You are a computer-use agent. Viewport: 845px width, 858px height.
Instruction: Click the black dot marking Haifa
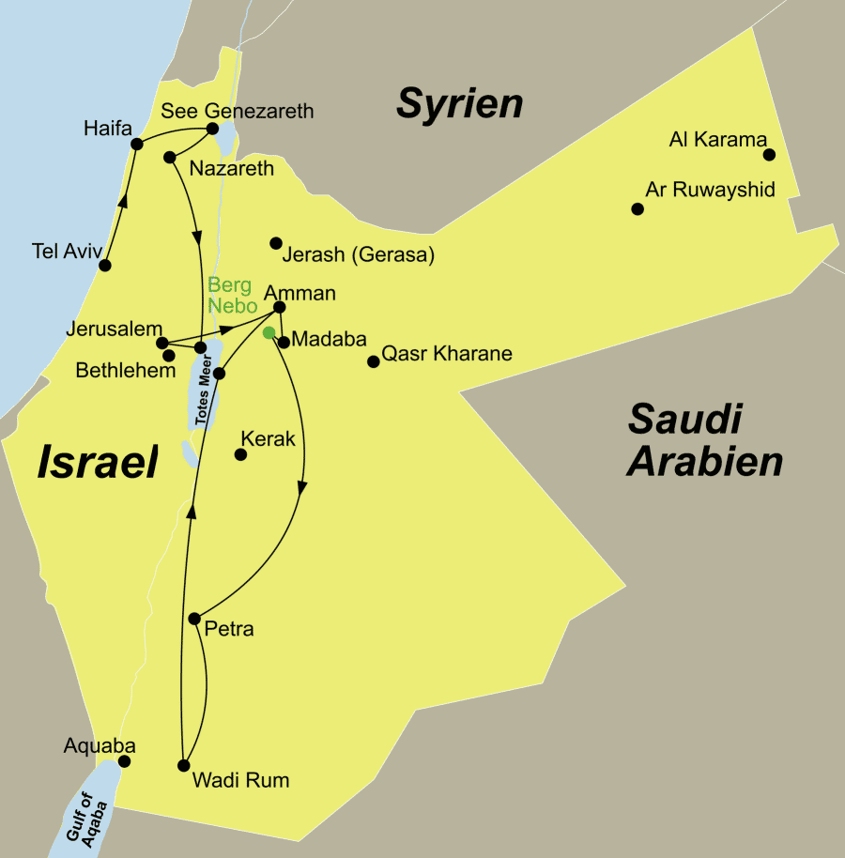coord(137,144)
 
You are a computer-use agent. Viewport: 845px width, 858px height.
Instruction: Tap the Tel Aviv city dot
coord(105,265)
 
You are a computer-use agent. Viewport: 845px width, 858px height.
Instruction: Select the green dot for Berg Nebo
coord(269,331)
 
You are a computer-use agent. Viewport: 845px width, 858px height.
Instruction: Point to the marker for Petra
coord(194,619)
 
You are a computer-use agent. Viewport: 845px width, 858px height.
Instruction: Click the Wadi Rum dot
coord(184,765)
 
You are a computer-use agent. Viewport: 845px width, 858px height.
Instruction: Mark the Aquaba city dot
coord(123,761)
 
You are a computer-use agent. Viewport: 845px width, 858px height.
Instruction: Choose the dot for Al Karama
coord(769,155)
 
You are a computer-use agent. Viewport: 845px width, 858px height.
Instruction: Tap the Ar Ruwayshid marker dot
coord(638,208)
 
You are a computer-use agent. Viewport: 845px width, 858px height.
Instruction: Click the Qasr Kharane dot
coord(373,361)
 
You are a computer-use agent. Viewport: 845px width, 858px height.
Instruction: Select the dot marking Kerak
coord(240,454)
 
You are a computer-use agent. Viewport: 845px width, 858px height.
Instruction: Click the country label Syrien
coord(459,102)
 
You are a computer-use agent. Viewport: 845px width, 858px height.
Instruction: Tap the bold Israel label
coord(97,463)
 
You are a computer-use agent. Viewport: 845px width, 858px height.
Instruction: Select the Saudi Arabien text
coord(705,440)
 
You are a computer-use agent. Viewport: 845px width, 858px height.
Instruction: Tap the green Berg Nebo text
coord(230,296)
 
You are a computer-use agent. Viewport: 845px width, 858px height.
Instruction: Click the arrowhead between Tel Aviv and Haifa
coord(121,199)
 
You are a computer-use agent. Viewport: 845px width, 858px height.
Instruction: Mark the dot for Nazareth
coord(170,157)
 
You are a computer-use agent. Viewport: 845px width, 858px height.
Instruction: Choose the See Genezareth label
coord(238,111)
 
